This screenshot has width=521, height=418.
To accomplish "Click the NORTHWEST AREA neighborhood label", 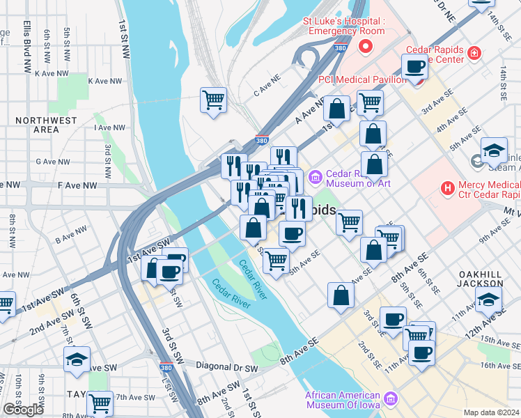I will tap(46, 125).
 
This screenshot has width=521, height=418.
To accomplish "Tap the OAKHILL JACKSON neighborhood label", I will tap(480, 279).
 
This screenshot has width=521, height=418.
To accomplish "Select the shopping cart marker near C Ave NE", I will tap(213, 99).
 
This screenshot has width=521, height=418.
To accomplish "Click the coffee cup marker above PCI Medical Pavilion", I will tap(414, 67).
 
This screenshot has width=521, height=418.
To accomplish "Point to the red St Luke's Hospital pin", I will tap(366, 47).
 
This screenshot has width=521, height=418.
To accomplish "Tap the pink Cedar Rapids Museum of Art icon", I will tap(314, 178).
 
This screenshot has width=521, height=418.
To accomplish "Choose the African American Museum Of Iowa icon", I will tap(391, 398).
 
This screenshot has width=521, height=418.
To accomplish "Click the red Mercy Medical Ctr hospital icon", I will tap(447, 188).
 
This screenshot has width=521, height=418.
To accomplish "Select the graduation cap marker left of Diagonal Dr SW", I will tap(77, 359).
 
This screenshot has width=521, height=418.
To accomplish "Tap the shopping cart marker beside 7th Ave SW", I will tap(100, 402).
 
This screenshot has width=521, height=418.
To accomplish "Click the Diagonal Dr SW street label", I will tap(226, 368).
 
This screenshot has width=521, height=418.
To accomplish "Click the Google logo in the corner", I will tap(24, 410).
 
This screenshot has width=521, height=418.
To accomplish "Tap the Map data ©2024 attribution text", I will tap(491, 412).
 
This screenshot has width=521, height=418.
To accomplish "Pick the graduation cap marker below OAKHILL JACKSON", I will tap(488, 300).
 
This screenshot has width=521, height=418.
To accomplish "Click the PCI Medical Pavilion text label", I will tap(362, 79).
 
